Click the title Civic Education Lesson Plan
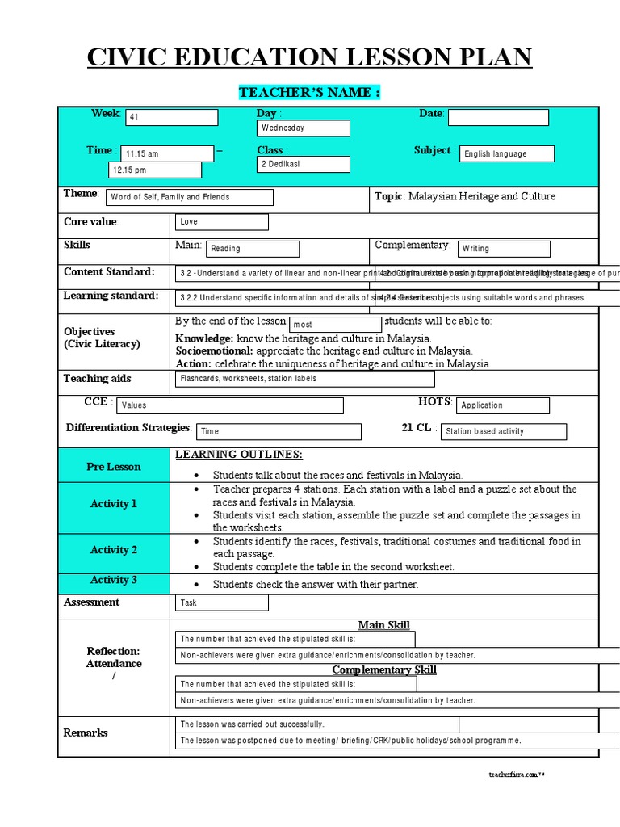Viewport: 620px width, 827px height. coord(309,58)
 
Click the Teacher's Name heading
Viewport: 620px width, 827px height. coord(309,93)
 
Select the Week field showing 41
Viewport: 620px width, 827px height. coord(170,117)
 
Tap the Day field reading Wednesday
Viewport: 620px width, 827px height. coord(303,128)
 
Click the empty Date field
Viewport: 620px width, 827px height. coord(498,118)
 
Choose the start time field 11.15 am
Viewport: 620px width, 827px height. coord(167,153)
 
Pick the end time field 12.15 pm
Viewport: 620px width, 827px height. coord(155,170)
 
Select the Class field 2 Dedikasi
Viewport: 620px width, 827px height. coord(303,164)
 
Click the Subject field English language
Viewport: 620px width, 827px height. coord(507,153)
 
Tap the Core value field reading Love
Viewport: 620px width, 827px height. coord(222,222)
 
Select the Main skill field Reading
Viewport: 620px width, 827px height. coord(253,249)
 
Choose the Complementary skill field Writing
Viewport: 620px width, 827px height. coord(504,249)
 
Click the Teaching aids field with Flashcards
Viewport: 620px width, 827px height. coord(304,379)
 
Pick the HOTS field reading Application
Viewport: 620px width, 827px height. coord(504,405)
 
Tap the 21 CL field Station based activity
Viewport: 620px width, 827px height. coord(504,432)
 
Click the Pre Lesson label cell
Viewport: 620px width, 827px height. coord(114,467)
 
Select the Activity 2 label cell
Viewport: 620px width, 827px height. coord(114,550)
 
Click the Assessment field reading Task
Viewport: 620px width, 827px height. coord(222,602)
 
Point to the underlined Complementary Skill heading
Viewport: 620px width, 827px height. coord(384,670)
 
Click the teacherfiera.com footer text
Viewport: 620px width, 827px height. coord(517,775)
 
